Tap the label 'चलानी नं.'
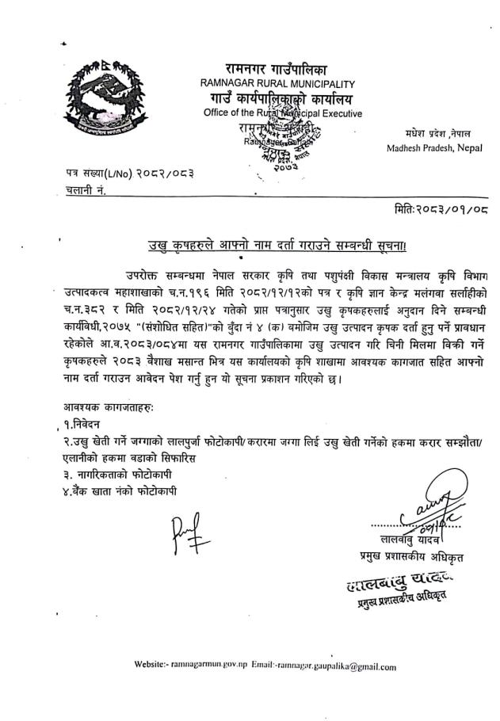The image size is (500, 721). (x=86, y=190)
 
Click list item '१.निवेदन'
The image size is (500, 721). (x=81, y=424)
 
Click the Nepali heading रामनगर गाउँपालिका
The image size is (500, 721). (x=281, y=68)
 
